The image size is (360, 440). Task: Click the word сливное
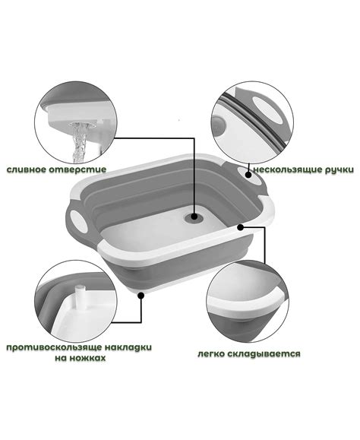tap(27, 169)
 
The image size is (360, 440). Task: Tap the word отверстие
tap(77, 169)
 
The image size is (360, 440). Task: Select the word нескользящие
tap(287, 169)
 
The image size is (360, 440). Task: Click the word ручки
tap(339, 170)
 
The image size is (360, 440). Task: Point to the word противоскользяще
tap(54, 347)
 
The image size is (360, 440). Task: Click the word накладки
tap(128, 347)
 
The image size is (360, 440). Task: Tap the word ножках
tap(89, 358)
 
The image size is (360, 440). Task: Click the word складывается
tap(264, 354)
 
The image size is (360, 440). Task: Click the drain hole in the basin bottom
tap(194, 217)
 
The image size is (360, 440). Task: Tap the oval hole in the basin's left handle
tap(77, 221)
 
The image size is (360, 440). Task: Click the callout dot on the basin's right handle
tap(248, 175)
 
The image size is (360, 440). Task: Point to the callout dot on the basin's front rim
tap(240, 227)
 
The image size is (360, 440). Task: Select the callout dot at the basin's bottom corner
tap(141, 295)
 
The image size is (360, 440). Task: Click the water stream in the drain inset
tap(78, 143)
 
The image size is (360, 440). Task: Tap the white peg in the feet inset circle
tap(80, 298)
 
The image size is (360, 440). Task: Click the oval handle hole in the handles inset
tap(268, 109)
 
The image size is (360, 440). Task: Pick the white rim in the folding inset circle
tap(247, 307)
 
